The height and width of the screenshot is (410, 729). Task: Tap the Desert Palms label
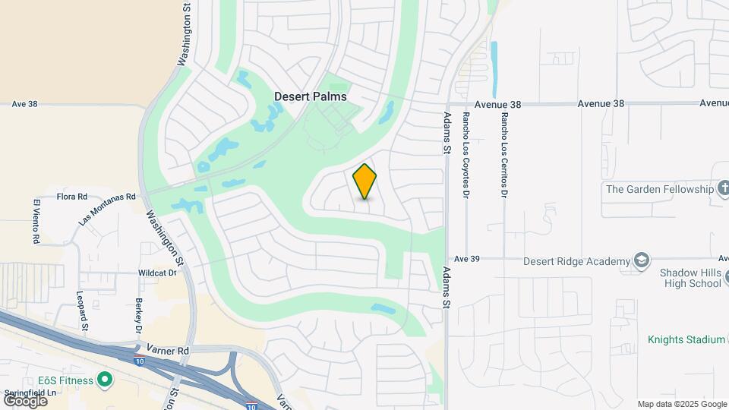tap(310, 96)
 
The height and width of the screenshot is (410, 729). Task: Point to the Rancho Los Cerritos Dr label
tap(503, 154)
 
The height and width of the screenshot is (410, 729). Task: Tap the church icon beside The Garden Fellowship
tap(724, 188)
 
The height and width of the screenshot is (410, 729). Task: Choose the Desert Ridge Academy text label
tap(577, 260)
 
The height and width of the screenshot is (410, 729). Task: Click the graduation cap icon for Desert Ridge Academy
tap(642, 260)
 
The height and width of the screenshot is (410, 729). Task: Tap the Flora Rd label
tap(72, 196)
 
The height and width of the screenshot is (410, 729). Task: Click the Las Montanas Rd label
tap(107, 208)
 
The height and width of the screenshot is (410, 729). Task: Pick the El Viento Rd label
tap(36, 220)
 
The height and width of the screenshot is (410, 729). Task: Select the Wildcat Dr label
tap(157, 272)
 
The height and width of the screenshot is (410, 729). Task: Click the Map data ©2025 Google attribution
tap(681, 404)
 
